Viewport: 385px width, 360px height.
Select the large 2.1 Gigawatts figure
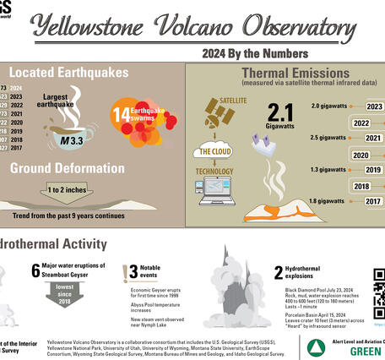click(279, 113)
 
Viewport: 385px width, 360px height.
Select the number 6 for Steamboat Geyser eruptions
click(35, 270)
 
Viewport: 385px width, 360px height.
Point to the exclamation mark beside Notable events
click(133, 271)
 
